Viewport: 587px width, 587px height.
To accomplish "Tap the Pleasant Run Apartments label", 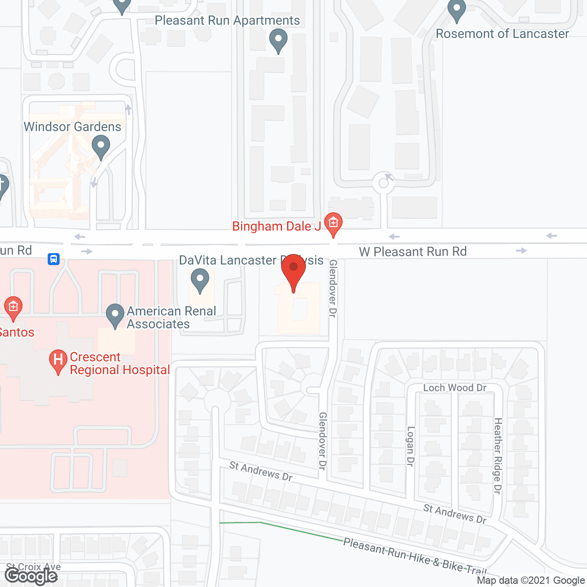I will [227, 21].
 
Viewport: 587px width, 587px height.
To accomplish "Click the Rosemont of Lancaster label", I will [502, 34].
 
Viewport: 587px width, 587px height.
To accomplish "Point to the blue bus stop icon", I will [54, 259].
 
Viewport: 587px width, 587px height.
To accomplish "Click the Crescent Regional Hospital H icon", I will [58, 360].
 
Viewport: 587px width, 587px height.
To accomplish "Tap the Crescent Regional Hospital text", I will [120, 364].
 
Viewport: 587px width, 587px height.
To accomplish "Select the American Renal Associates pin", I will [115, 315].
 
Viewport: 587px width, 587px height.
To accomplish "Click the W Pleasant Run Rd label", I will [413, 252].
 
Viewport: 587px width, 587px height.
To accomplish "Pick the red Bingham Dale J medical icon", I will [333, 224].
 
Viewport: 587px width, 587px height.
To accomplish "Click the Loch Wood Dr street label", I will [454, 388].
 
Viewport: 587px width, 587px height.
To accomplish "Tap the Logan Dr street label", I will [410, 446].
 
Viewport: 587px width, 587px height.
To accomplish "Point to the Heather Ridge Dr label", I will [498, 456].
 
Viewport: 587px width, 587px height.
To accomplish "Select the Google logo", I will [31, 576].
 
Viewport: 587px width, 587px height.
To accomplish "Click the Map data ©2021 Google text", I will [531, 581].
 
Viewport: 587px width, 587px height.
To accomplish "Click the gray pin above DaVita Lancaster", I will [199, 280].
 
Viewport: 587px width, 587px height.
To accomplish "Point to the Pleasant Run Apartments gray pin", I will [278, 40].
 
